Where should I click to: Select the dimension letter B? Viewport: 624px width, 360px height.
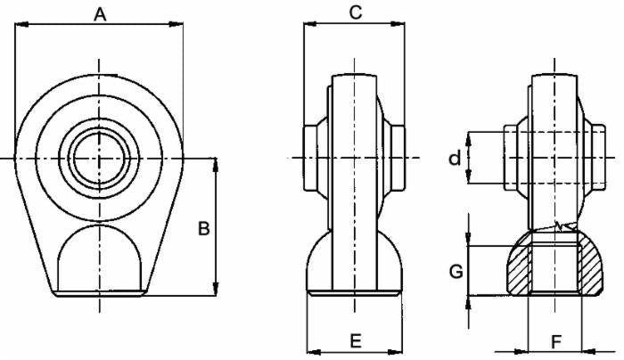[203, 229]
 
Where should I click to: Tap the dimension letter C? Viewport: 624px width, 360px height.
[355, 12]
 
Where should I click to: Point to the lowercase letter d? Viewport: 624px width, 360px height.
[455, 159]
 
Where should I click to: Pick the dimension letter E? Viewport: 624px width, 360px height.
[355, 340]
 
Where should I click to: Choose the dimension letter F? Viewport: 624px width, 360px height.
[555, 340]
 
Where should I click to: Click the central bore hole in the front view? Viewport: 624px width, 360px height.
[100, 158]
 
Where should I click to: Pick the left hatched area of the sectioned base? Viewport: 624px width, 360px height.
[514, 270]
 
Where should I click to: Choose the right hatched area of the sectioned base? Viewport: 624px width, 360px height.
[589, 270]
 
